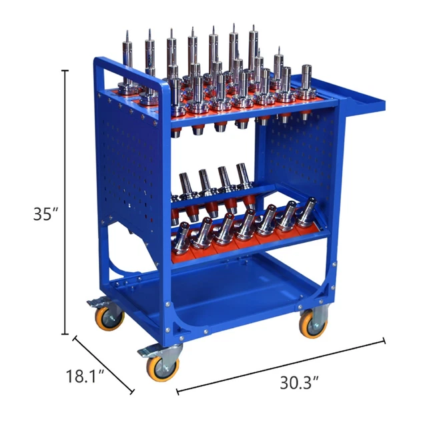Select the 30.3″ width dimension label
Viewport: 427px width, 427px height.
(x=294, y=383)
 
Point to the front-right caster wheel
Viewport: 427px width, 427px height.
(x=313, y=324)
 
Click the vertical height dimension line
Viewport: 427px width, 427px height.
(x=65, y=200)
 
